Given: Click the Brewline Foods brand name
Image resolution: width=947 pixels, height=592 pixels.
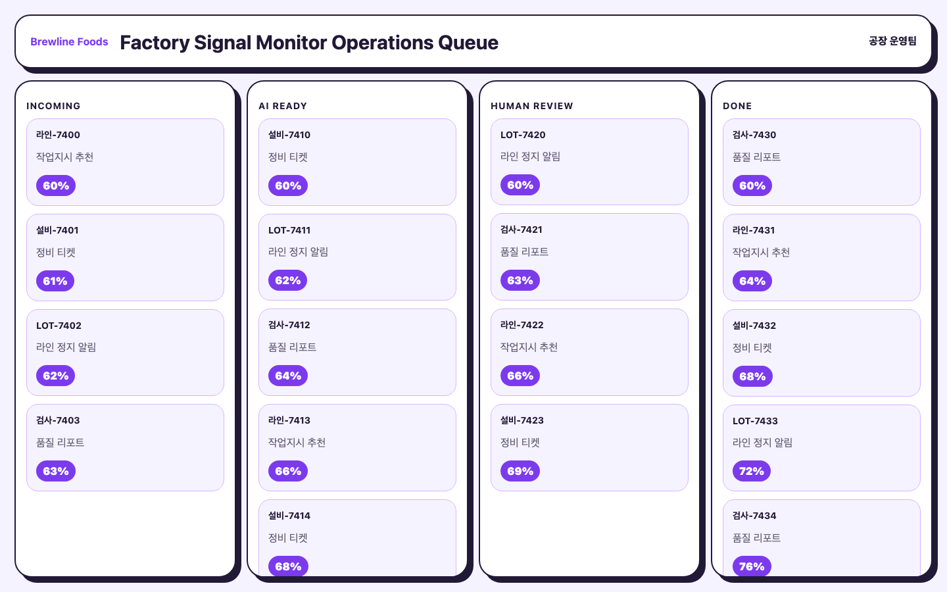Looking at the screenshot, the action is (69, 42).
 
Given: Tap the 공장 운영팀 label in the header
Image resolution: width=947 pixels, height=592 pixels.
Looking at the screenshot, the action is (892, 41).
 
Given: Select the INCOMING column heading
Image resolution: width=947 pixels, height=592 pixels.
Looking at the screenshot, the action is (53, 106).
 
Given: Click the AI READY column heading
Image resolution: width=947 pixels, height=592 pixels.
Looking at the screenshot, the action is (283, 106).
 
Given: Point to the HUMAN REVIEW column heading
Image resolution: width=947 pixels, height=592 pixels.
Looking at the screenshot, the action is (532, 106).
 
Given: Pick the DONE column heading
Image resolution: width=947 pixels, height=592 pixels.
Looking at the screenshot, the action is (737, 106).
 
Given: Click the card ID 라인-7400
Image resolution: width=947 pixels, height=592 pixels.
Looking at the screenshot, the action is (58, 135).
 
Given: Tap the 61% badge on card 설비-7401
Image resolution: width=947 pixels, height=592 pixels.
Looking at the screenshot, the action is (55, 281).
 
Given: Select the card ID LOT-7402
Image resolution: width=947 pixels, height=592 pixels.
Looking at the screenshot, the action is (59, 326).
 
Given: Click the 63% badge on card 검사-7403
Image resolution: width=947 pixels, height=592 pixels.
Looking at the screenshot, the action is (56, 471).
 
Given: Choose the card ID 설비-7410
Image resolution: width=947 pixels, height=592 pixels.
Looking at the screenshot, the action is (289, 135).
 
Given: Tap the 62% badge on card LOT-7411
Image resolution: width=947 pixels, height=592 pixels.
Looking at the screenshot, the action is (287, 280).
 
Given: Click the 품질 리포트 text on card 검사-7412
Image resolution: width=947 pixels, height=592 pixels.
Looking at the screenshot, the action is (292, 347).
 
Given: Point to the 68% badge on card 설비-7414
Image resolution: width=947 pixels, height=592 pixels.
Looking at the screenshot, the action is (288, 566).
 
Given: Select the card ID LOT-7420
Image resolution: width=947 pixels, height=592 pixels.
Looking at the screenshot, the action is (523, 135).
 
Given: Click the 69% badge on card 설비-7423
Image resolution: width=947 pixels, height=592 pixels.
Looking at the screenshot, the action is (520, 471).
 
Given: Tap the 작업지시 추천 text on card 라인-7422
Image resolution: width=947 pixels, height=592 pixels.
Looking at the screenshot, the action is (529, 347).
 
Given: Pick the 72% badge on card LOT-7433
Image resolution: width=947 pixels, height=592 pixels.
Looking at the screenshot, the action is (751, 471).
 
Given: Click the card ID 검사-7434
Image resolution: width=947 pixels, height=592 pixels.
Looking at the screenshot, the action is (754, 516).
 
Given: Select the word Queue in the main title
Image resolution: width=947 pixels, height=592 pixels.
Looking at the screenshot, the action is (468, 43).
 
